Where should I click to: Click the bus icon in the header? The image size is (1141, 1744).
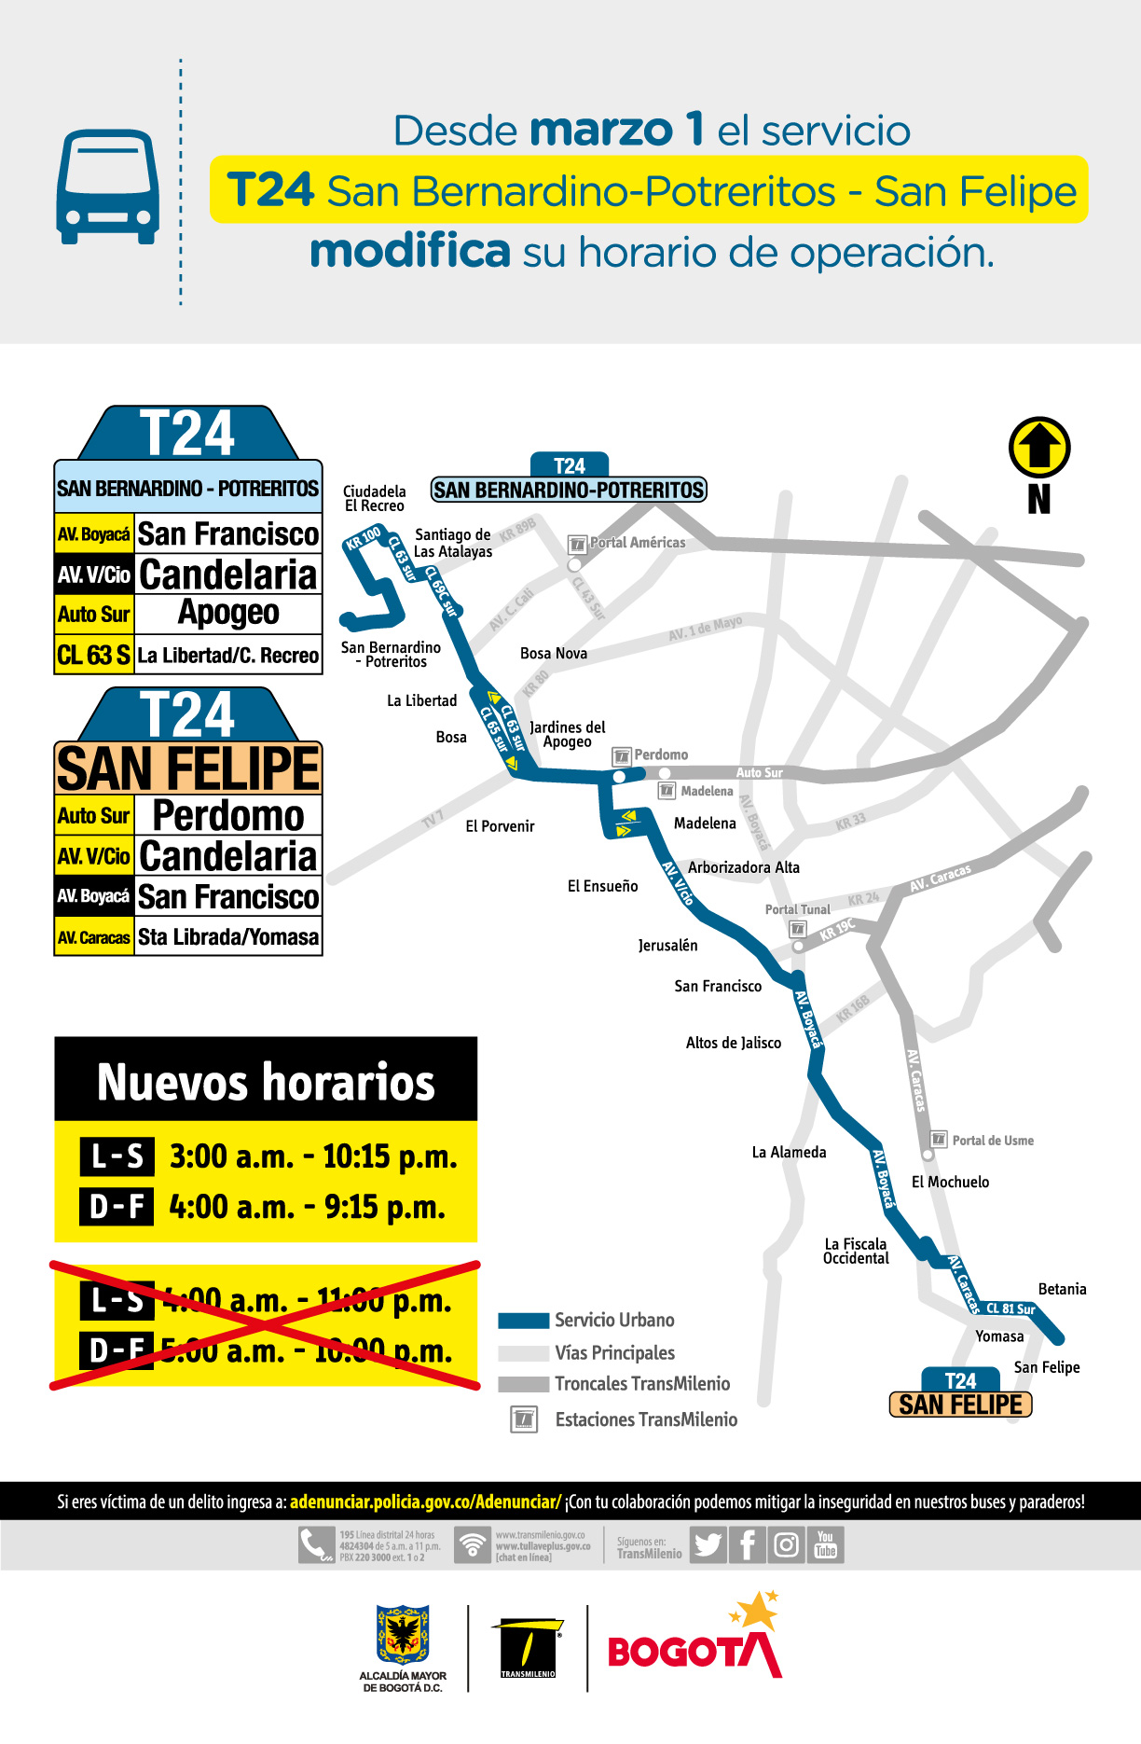pos(107,187)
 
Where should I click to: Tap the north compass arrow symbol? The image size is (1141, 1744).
pos(1039,448)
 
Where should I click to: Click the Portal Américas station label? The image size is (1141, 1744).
pos(637,543)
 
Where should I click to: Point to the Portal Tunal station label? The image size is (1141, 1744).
pos(797,909)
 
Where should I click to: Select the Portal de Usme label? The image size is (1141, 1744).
pos(992,1141)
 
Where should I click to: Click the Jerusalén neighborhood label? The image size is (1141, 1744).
pos(667,946)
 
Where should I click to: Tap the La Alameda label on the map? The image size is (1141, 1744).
pos(789,1153)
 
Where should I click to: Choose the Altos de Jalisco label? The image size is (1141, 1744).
pos(734,1043)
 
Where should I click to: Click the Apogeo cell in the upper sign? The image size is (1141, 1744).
pos(228,614)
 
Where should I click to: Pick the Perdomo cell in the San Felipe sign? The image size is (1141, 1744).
pos(228,816)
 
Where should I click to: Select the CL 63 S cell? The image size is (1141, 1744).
pos(93,655)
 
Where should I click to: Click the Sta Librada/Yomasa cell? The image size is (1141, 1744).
pos(228,937)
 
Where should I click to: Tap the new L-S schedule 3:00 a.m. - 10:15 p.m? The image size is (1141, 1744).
pos(313,1156)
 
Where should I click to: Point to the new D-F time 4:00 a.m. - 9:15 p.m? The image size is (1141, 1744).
pos(307,1207)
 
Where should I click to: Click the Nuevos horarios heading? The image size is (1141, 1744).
pos(266,1082)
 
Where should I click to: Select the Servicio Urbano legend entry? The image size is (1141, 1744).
pos(613,1321)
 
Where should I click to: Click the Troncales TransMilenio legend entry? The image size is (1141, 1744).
pos(641,1384)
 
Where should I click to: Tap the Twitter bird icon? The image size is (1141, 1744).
pos(708,1545)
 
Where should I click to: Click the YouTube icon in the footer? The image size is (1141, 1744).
pos(825,1545)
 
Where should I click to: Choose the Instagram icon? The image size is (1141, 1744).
pos(786,1545)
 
